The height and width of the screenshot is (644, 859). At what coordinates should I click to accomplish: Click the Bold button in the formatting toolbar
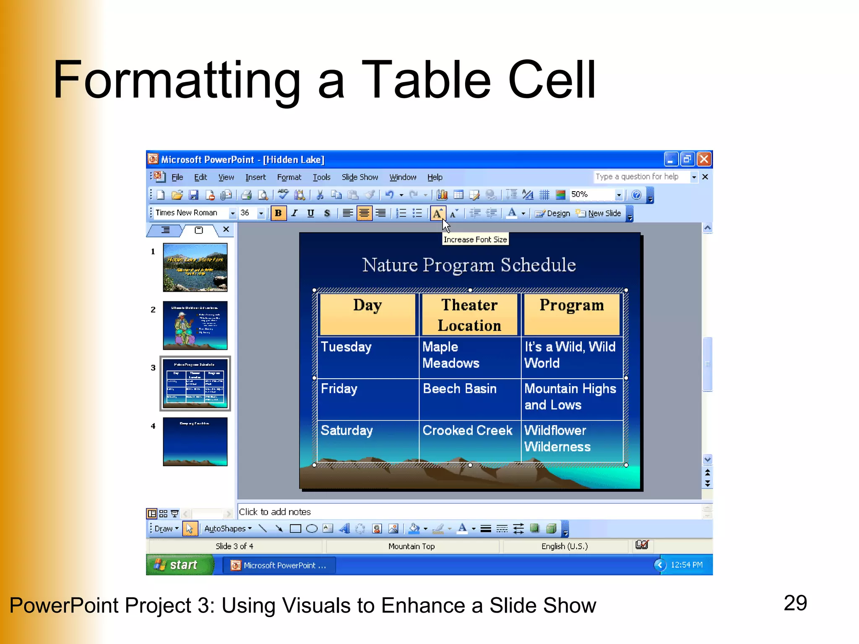(278, 213)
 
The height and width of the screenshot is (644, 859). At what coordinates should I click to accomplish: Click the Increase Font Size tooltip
(475, 239)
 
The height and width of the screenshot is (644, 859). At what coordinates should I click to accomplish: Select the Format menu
(289, 177)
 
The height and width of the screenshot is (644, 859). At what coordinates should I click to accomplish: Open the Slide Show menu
(359, 177)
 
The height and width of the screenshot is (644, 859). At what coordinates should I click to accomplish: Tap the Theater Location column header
(469, 314)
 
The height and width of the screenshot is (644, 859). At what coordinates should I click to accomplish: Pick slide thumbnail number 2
(195, 325)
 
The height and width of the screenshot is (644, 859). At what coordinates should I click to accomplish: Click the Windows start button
(180, 565)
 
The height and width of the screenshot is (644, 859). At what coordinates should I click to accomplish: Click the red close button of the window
(704, 159)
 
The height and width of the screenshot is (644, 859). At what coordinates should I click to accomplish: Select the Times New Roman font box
(191, 213)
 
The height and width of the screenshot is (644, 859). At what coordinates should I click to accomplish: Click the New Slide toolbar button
(599, 213)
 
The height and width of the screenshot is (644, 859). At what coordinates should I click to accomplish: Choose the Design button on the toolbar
(553, 213)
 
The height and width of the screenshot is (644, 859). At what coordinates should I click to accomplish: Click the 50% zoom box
(591, 195)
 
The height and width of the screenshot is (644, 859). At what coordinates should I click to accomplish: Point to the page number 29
(795, 603)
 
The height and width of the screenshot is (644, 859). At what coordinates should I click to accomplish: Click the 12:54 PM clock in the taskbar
(686, 565)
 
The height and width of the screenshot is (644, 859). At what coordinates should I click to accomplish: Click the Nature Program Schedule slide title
(469, 265)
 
